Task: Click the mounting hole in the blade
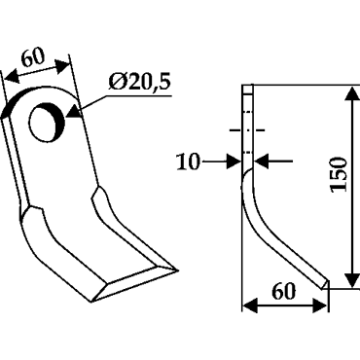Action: pos(47,123)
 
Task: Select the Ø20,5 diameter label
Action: pos(140,83)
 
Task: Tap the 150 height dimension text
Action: pos(339,174)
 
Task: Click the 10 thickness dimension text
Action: pos(188,162)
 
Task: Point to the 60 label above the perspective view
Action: pos(33,58)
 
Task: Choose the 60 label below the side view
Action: pos(283,291)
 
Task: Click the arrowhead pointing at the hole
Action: pos(73,111)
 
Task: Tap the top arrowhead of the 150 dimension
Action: pos(351,94)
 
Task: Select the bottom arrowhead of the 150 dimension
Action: pos(351,278)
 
